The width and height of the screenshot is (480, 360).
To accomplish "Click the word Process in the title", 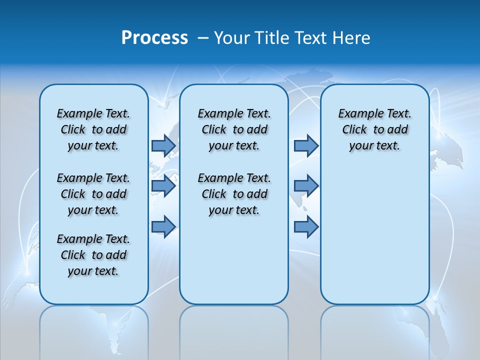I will pos(154,38).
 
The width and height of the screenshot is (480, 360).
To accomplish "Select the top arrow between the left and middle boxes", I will pos(163,145).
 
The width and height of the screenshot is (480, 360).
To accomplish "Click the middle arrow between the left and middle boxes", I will pos(163,186).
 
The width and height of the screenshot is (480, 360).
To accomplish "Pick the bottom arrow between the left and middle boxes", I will pos(163,226).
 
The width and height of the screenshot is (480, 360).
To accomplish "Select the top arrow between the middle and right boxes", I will pos(306,145).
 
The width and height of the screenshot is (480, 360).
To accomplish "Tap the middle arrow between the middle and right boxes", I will pos(306,186).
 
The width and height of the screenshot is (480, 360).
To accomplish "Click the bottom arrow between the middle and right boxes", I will pos(306,226).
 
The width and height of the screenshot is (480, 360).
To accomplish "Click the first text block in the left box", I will pos(93,129).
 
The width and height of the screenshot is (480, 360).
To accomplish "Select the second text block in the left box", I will pos(93,194).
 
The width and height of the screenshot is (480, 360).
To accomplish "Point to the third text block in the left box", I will pos(93,255).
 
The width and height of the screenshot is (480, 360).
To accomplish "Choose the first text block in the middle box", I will pos(234,129).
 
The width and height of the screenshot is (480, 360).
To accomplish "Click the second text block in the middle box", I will pos(234,194).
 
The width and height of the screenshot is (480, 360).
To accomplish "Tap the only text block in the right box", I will pos(374,129).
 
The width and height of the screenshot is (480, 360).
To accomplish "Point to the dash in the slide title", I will pos(203,38).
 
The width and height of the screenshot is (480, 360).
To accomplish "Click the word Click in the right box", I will pos(354,130).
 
